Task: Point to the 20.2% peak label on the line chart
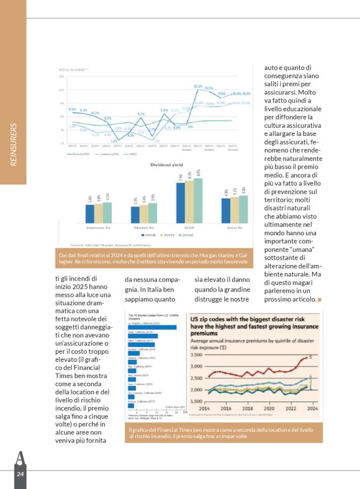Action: (x=198, y=86)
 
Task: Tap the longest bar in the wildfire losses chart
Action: (x=152, y=327)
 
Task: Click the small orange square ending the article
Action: (x=320, y=300)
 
